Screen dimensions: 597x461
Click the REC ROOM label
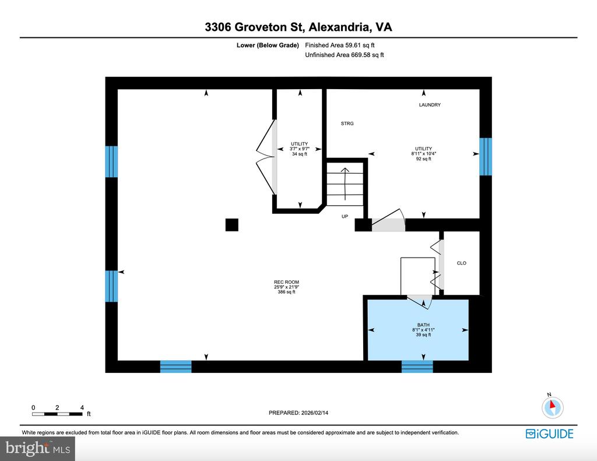286,282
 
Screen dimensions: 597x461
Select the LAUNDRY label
430,105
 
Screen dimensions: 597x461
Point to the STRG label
347,124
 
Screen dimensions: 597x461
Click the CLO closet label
462,263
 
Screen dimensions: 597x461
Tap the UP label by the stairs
345,216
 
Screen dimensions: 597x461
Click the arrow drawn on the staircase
345,184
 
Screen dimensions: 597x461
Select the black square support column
232,224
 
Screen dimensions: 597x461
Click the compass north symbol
553,407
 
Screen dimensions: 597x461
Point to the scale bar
57,414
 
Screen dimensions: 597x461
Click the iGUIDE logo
549,434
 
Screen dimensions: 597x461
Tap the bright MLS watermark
38,448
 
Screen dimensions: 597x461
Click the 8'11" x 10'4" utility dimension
423,154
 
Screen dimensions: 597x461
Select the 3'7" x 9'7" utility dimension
300,149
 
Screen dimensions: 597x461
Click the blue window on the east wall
486,156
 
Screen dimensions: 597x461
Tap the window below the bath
417,367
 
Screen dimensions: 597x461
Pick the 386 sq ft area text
286,292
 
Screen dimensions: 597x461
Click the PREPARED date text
298,413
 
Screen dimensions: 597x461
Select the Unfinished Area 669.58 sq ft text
344,55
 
